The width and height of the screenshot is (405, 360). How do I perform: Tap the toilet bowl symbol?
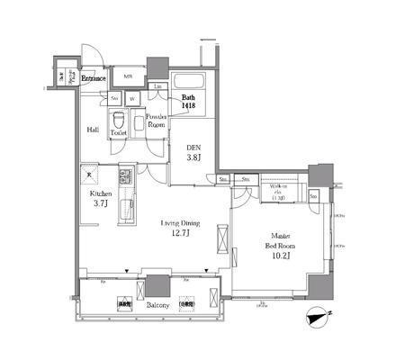117,121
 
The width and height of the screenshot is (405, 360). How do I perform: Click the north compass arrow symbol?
316,316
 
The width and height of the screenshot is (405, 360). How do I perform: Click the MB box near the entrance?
128,77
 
